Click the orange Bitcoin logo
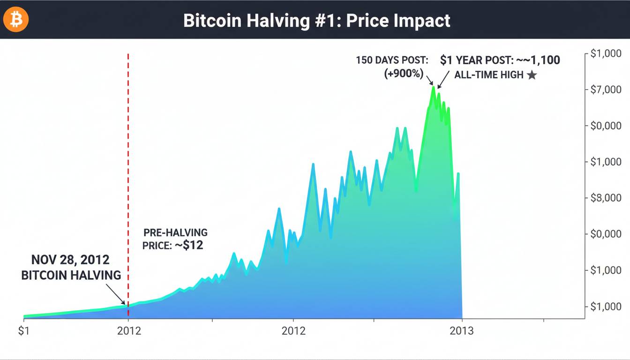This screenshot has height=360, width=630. [16, 20]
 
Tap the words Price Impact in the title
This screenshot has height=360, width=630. [398, 21]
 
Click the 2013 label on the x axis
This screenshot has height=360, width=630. [462, 331]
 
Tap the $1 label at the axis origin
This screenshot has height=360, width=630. [23, 331]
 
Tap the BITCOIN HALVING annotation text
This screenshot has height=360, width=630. [71, 275]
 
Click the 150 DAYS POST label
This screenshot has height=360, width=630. [392, 60]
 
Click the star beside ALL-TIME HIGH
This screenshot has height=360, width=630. [532, 75]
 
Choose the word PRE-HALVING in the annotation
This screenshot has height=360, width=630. [175, 232]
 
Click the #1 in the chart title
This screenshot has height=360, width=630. [324, 21]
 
